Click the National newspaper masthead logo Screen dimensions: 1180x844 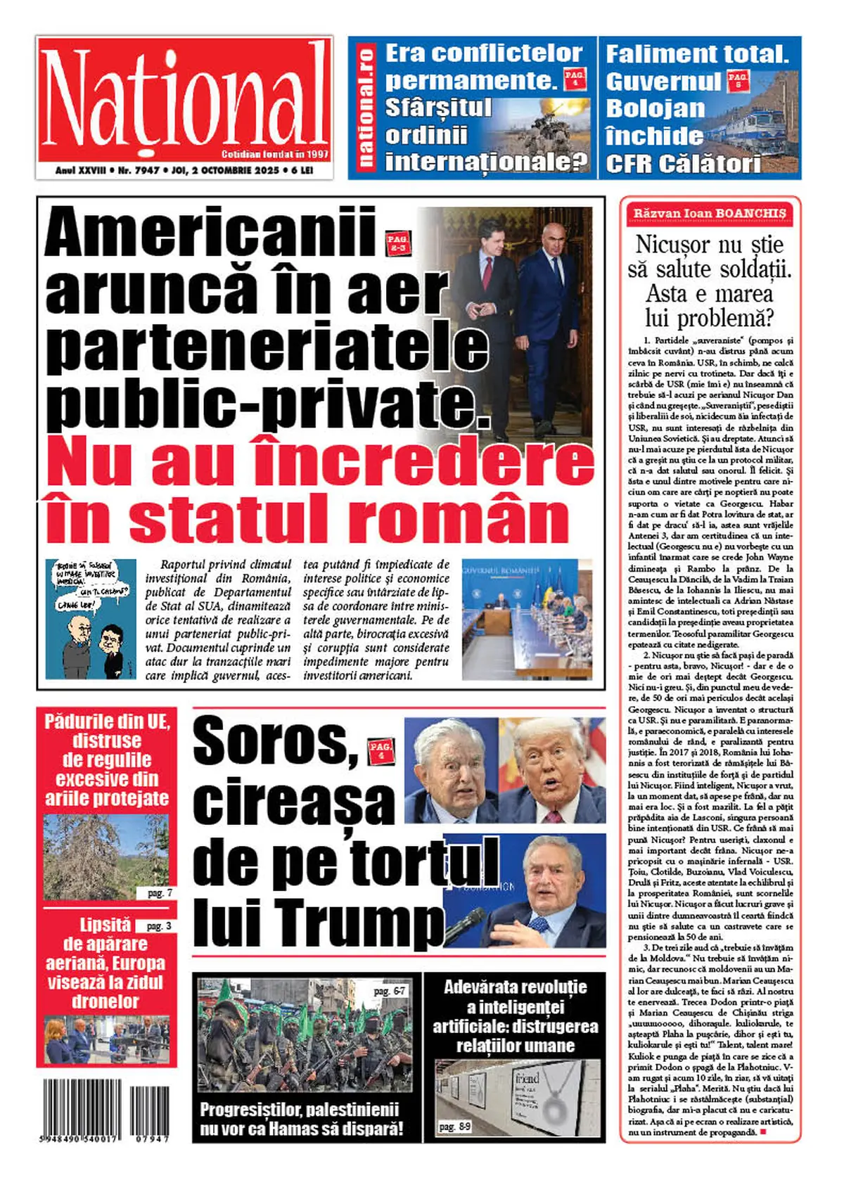(184, 98)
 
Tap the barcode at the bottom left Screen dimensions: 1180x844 (105, 1110)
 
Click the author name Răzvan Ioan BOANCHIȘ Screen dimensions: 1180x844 (710, 213)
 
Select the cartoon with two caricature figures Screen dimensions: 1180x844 (91, 619)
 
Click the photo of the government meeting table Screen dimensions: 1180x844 (527, 619)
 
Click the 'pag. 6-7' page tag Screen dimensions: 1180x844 (389, 991)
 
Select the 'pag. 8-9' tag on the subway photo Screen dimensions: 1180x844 (455, 1127)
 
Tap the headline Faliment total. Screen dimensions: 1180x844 (697, 54)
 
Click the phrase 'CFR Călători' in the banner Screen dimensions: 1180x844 (683, 165)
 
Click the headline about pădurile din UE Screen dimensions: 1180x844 (107, 759)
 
